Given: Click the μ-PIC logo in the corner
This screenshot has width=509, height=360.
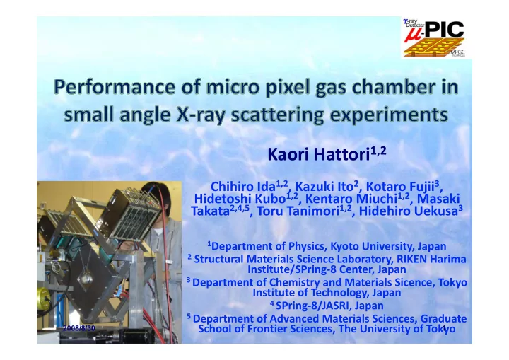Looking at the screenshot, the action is click(x=433, y=38).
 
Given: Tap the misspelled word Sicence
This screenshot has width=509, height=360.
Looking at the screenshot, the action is click(x=413, y=282).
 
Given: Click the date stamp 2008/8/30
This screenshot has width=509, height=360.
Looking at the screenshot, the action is click(x=79, y=328).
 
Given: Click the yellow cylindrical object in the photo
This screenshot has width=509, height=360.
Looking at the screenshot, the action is click(x=44, y=298).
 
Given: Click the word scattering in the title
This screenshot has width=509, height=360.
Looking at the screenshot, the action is click(x=278, y=115).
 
